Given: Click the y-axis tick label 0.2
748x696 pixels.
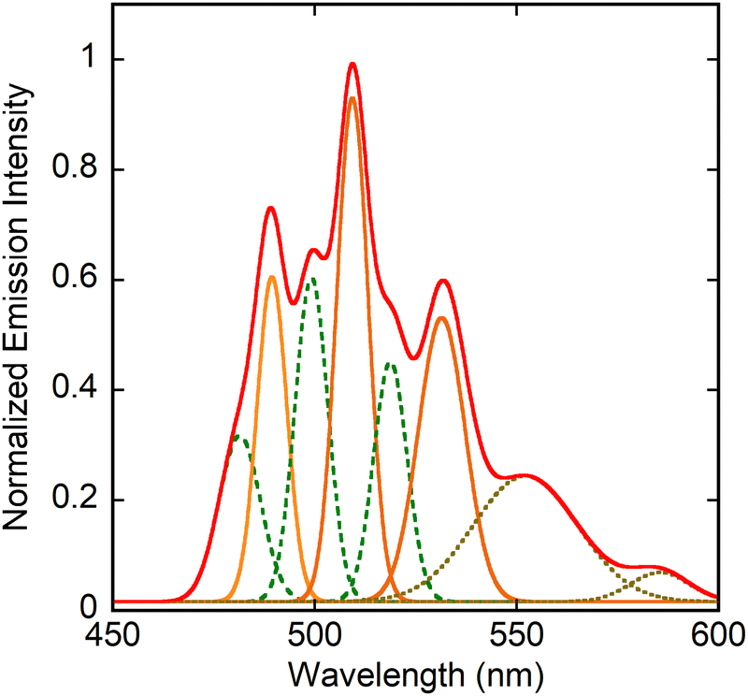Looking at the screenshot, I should coord(79,500).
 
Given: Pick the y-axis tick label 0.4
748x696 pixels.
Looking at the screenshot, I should coord(79,389).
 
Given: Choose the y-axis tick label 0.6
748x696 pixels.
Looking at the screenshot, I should coord(79,280).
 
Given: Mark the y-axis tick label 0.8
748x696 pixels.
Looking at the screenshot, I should coord(79,169).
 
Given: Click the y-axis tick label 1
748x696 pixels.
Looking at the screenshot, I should coord(90,59).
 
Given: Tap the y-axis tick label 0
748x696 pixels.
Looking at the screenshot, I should coord(90,608).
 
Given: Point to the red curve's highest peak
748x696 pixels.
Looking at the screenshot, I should coord(352,65).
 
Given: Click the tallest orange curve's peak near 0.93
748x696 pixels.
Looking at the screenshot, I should coord(352,98).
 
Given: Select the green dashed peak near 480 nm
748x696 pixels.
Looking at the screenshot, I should coord(239,437).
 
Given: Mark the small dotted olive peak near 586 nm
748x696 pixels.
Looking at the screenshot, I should coord(660,572).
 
